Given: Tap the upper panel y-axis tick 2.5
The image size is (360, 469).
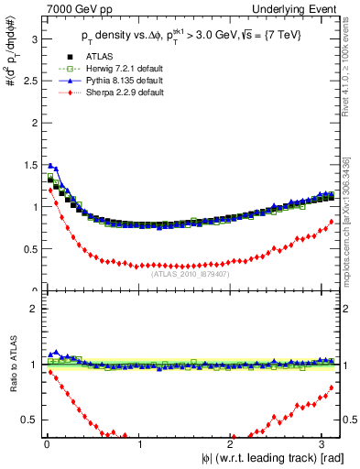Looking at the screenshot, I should pos(29,81).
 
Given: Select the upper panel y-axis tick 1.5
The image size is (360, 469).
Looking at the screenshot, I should pos(29,165).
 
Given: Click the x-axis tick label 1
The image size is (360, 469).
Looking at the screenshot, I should pos(139,445).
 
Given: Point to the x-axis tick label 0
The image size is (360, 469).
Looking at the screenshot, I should pos(47,445).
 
